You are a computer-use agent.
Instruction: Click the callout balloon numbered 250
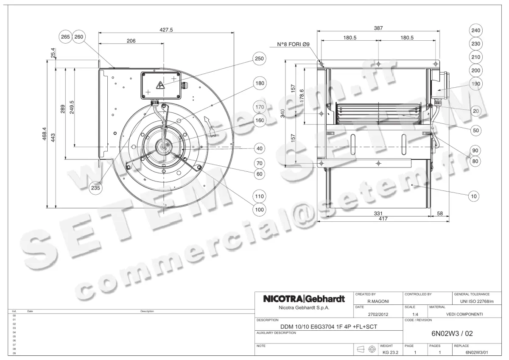(x=259, y=59)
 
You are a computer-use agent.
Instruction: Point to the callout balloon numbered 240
(x=476, y=31)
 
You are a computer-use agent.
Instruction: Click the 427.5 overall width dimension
(x=166, y=30)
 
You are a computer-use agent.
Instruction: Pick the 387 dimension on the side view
(x=378, y=28)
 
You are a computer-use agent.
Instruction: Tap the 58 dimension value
(x=440, y=214)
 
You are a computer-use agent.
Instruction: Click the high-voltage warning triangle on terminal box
(x=161, y=85)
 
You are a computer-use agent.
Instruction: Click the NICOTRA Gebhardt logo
(x=304, y=299)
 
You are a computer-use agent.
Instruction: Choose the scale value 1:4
(x=416, y=314)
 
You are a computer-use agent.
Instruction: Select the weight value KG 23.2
(x=391, y=352)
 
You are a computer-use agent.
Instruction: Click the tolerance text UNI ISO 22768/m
(x=477, y=301)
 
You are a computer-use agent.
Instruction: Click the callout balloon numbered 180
(x=259, y=83)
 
